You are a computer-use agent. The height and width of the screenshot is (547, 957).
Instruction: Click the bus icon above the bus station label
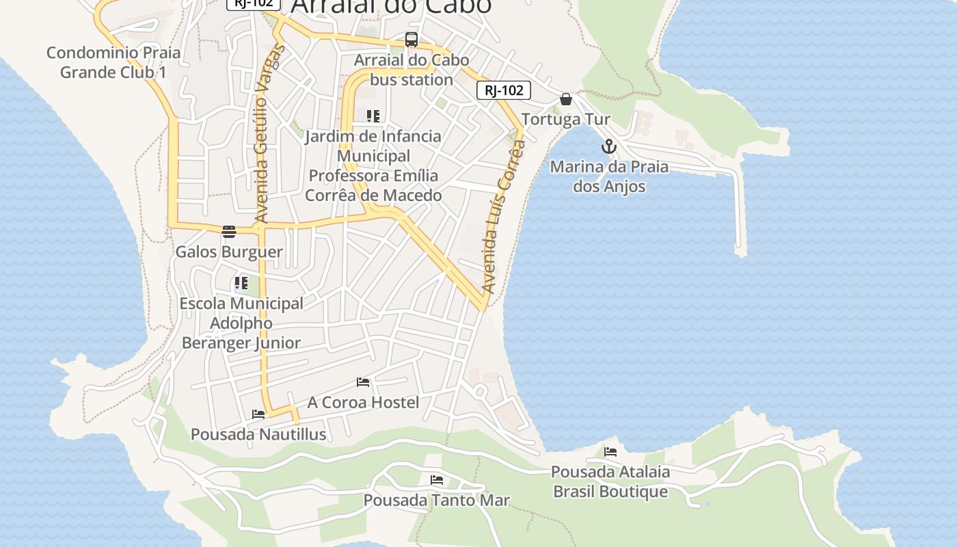411,40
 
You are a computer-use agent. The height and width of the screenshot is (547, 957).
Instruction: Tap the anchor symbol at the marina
608,146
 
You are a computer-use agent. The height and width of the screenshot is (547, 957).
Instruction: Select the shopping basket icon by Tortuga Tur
566,99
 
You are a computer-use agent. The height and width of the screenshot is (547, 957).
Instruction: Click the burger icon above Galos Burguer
228,231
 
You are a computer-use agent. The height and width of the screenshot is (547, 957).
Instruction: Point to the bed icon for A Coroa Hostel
363,382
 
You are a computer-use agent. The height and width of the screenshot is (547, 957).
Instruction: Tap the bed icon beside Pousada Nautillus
258,414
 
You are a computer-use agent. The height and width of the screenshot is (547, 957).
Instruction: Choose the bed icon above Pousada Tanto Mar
437,480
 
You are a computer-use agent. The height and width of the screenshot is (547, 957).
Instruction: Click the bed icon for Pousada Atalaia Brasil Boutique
610,451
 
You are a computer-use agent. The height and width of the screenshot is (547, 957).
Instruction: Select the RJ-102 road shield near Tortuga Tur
504,90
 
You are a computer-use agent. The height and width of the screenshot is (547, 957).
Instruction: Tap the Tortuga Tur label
566,120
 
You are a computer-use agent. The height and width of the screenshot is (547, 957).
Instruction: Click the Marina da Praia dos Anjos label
609,176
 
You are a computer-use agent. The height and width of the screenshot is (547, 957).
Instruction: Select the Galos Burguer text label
229,252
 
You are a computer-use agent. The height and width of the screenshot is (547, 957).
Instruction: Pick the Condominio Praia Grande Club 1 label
113,62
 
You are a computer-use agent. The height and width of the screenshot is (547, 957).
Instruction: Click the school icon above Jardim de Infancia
373,116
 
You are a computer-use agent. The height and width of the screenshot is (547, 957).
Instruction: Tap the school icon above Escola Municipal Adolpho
241,282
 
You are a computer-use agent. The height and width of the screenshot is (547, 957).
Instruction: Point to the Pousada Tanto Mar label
436,500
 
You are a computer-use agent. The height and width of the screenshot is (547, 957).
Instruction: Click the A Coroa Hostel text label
363,402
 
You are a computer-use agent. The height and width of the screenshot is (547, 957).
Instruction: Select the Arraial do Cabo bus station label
412,70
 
